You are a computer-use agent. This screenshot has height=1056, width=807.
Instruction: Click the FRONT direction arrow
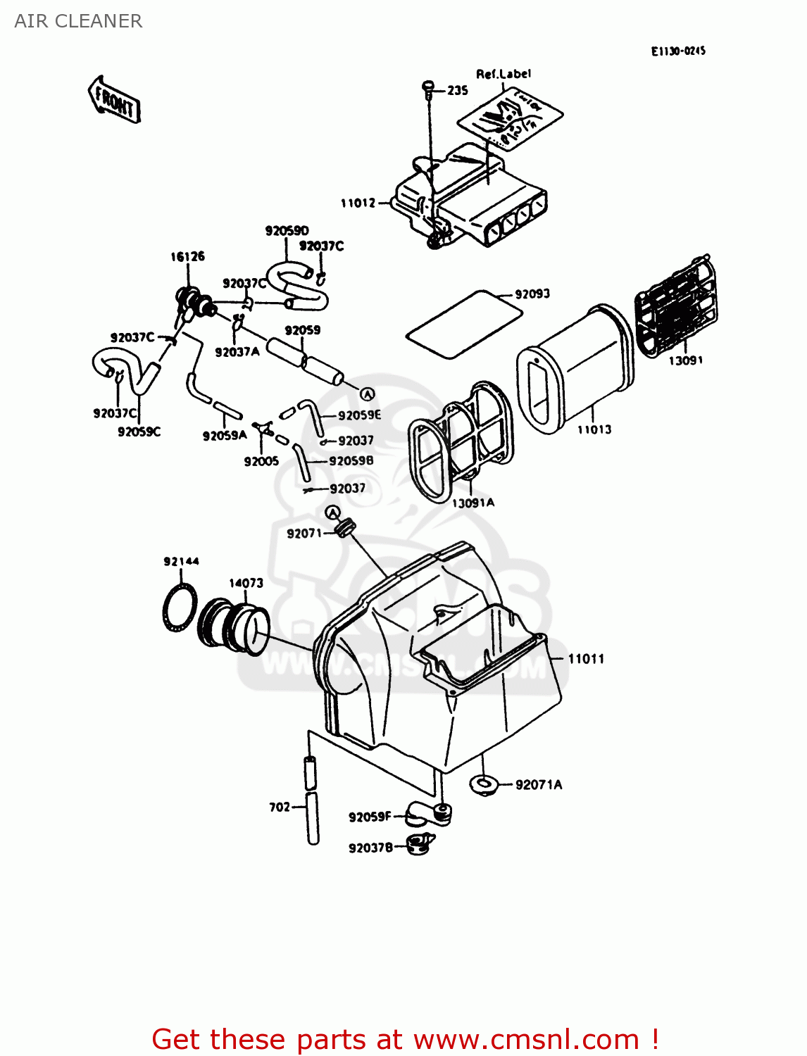[x=114, y=100]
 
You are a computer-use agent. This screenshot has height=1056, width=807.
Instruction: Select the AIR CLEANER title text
[x=78, y=21]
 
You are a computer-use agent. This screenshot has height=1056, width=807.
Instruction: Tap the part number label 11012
[x=358, y=203]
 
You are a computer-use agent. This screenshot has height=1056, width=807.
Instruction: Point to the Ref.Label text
[x=503, y=74]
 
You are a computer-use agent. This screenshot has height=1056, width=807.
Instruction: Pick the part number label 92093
[x=532, y=294]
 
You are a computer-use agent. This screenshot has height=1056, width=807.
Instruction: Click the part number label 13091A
[x=473, y=503]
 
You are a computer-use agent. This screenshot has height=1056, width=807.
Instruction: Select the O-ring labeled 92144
[x=179, y=607]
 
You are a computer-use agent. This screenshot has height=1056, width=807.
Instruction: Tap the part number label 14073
[x=246, y=583]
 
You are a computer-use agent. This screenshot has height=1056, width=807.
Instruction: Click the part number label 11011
[x=586, y=659]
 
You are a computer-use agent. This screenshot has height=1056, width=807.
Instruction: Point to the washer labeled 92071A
[x=484, y=784]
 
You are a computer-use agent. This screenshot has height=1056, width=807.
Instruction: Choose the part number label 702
[x=280, y=807]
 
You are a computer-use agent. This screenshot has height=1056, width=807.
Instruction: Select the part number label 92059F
[x=370, y=817]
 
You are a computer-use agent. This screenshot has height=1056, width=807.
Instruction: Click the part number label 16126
[x=187, y=256]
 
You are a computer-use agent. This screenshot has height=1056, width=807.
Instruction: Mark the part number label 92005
[x=261, y=461]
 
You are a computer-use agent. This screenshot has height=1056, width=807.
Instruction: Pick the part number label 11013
[x=594, y=429]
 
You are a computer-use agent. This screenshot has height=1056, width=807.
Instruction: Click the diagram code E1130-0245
[x=677, y=51]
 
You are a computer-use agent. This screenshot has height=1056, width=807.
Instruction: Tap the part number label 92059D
[x=287, y=230]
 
